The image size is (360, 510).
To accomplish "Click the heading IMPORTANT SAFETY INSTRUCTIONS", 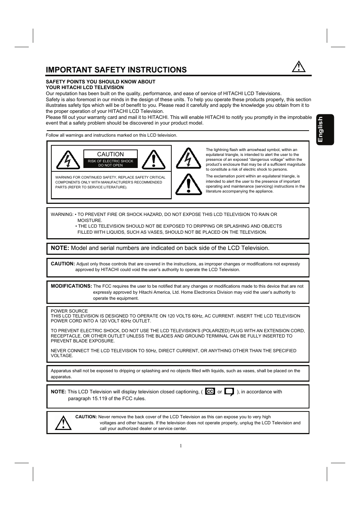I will pos(116,70).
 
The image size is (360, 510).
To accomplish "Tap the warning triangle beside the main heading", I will pos(298,67).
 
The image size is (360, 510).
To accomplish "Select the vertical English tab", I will pos(325,129).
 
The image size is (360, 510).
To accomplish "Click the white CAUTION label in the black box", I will pos(110,154).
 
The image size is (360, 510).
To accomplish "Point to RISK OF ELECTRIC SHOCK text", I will pos(110,161).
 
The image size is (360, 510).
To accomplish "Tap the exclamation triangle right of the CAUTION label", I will pos(154,160).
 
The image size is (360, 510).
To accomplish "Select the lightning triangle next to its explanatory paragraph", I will pos(188,159).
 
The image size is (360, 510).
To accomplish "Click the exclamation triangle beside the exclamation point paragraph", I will pos(188,185).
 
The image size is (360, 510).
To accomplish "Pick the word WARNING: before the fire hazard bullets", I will pos(62,214).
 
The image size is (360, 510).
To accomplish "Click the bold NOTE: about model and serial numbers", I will pos(60,248).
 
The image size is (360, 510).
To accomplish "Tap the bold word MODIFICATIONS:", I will pos(71,286).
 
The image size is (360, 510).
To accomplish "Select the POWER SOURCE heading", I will pos(69,311).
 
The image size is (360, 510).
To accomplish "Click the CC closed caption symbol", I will pos(210,391).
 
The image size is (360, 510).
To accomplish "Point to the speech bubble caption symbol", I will pos(229,392).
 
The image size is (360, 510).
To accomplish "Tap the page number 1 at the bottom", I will pos(180,446).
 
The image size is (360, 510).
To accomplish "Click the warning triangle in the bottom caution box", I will pos(63,423).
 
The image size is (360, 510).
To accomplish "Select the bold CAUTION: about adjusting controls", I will pos(63,264).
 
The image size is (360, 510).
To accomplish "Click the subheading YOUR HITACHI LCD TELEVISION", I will pos(85,87).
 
